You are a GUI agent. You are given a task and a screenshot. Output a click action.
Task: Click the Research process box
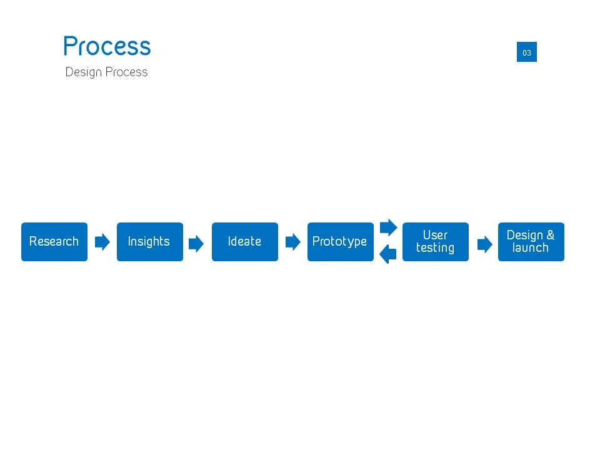[x=54, y=242]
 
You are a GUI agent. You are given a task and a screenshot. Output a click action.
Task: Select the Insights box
[x=149, y=242]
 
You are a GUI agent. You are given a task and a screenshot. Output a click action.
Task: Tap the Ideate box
[x=244, y=242]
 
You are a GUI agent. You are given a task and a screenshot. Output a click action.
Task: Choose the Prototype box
[x=340, y=242]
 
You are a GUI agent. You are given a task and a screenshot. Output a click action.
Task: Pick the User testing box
[x=435, y=242]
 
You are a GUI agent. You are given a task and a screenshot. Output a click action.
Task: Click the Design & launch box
[x=531, y=242]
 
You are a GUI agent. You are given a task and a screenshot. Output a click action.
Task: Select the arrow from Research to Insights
[x=102, y=242]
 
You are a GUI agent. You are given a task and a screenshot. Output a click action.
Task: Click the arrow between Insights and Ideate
[x=196, y=244]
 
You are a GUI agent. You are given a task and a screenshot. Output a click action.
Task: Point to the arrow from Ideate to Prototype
[x=292, y=242]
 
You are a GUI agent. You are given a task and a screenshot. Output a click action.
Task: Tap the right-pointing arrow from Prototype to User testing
[x=389, y=227]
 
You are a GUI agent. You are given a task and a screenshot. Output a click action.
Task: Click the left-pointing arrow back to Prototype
[x=388, y=254]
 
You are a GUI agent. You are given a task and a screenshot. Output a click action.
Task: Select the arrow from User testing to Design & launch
[x=484, y=244]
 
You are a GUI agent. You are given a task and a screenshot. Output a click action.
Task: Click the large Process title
[x=107, y=47]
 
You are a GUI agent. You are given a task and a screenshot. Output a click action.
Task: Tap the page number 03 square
[x=527, y=52]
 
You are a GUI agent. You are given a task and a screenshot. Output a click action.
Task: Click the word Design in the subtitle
[x=83, y=72]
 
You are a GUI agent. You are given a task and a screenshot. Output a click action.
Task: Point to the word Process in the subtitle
[x=127, y=72]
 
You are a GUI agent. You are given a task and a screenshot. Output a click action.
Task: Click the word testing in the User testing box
[x=435, y=248]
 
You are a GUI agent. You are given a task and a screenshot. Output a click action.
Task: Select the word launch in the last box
[x=530, y=248]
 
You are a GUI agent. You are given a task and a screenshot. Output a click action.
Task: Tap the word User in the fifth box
[x=435, y=236]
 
